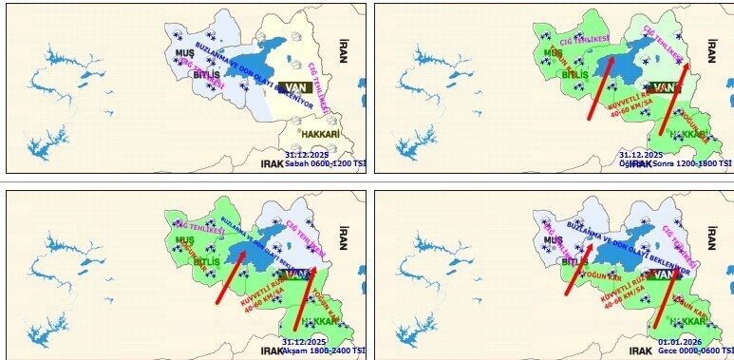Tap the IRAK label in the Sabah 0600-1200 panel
[x=273, y=164]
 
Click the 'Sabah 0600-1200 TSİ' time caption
[x=324, y=163]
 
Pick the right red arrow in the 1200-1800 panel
[x=673, y=91]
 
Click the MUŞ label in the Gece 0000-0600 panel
[x=553, y=240]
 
